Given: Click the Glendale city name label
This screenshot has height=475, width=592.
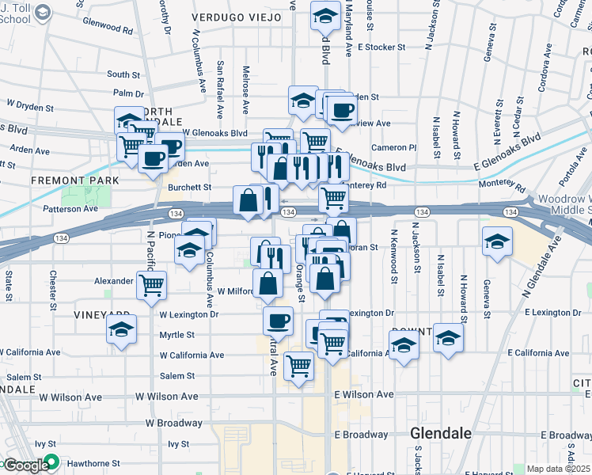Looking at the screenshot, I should point(441,433).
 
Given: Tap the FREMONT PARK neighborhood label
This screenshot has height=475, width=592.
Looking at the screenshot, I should point(74,180).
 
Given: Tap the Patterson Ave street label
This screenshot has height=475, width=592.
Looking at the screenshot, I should point(71,209).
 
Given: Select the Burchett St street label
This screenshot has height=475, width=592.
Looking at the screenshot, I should point(190,188).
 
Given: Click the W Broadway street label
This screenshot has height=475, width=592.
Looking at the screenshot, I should point(173,424).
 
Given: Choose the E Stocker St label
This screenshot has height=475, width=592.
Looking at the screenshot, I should point(381,47).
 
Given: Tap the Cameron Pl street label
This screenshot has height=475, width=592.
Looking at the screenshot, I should point(393,147).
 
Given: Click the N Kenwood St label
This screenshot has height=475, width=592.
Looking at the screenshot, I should point(393,257).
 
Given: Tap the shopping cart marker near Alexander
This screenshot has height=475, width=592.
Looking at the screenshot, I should point(151,285).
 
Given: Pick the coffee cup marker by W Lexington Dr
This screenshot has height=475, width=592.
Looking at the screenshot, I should point(278,321).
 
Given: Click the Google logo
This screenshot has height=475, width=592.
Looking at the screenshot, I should point(25,465).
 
